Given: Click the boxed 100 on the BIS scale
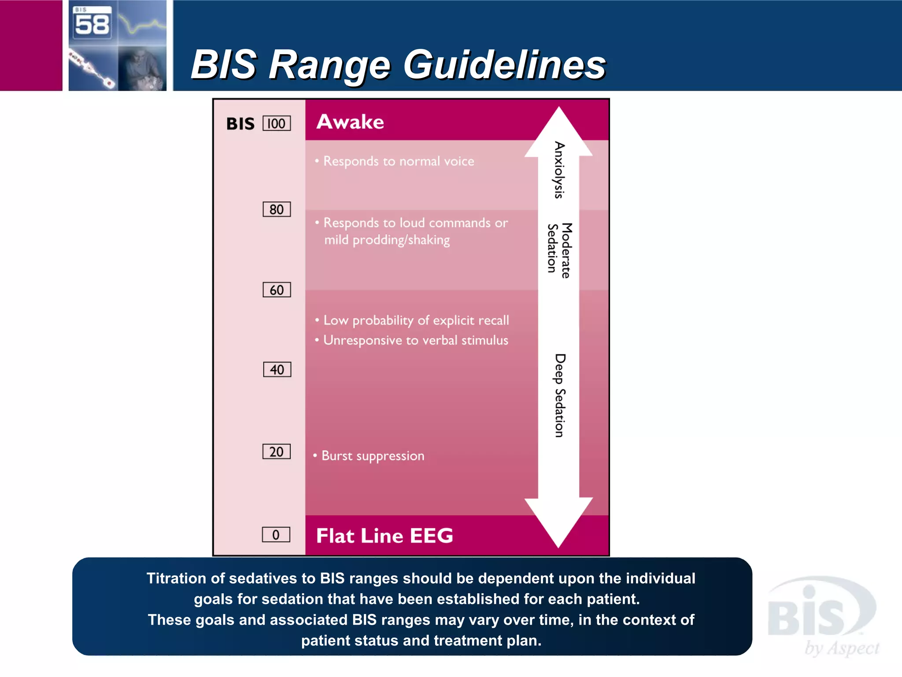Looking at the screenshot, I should pos(277,123).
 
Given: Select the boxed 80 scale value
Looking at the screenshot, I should pos(277,209).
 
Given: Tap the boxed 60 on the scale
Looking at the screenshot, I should pos(277,290).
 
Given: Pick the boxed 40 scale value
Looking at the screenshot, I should pos(277,369).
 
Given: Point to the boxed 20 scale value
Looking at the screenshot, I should pos(277,452).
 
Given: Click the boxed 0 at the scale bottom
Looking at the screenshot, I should pos(276,535).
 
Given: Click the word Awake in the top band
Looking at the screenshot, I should pos(350,122).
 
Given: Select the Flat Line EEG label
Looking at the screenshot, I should pos(384,536).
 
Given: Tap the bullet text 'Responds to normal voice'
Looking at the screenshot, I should pos(399,161).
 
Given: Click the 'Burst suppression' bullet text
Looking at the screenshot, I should pos(373,456).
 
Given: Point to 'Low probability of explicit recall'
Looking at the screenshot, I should pos(416,320).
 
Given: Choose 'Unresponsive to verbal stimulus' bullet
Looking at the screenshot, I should pos(415,340).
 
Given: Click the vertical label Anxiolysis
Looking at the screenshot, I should pos(559,170).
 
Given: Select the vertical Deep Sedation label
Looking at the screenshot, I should pos(559,395).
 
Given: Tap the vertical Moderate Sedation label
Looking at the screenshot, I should pos(559,250).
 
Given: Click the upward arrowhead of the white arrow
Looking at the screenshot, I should pos(558,132).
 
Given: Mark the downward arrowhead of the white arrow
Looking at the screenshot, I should pos(558,522).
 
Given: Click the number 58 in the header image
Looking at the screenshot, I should pos(92,24).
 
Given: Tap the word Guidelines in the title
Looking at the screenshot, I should pos(505,65).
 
